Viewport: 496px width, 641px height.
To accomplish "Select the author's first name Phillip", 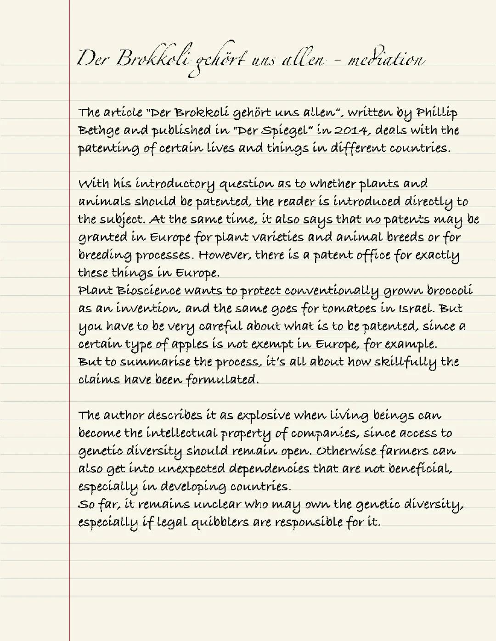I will click(436, 112).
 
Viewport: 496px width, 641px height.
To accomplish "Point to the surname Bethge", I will click(99, 130).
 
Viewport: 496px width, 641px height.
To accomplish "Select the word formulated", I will click(222, 380).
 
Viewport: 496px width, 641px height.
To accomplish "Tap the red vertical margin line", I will click(70, 321).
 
